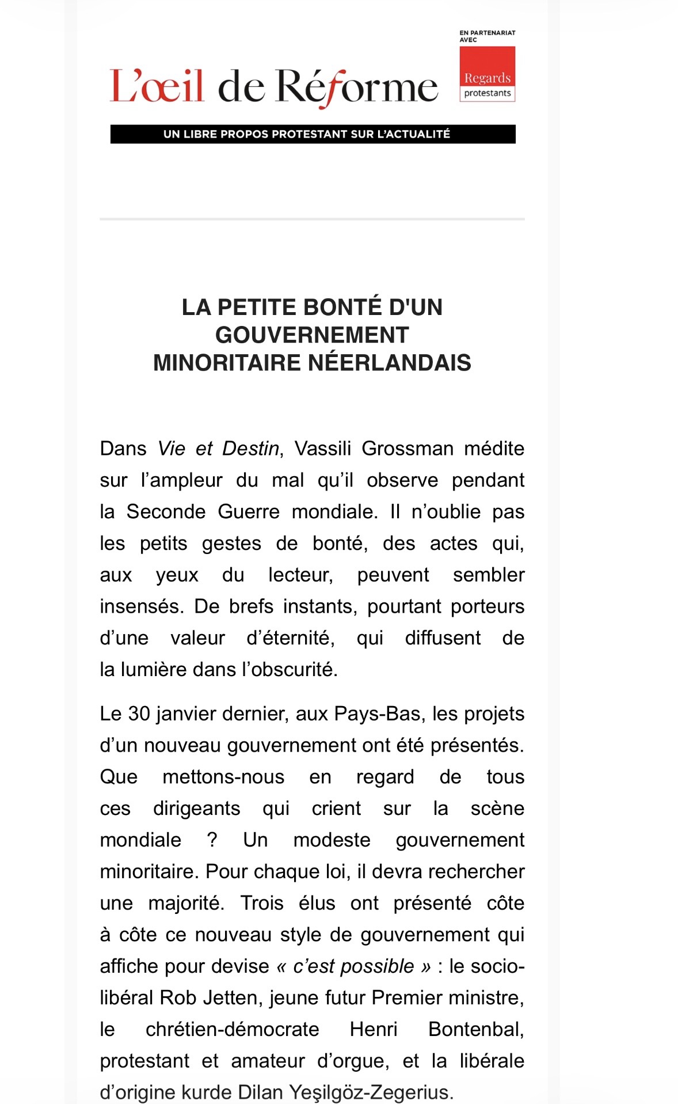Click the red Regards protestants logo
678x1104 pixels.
[487, 74]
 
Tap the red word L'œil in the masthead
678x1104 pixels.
[157, 86]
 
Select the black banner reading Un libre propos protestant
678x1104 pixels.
[313, 134]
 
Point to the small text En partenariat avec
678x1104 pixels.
[487, 36]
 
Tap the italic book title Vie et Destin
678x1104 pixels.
[218, 449]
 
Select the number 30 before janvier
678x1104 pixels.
[139, 714]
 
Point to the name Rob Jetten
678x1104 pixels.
[210, 997]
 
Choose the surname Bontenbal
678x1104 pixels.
[475, 1029]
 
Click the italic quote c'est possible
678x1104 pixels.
[353, 966]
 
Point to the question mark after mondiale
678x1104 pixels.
[212, 840]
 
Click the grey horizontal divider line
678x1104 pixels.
[312, 219]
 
